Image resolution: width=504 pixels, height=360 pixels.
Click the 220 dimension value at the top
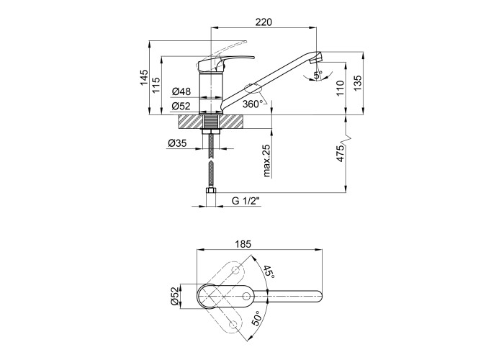pyautogui.click(x=264, y=22)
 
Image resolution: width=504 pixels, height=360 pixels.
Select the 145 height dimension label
pyautogui.click(x=144, y=78)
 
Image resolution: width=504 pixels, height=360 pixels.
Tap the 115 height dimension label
pyautogui.click(x=156, y=85)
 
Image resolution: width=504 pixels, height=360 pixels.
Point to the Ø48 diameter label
pyautogui.click(x=181, y=91)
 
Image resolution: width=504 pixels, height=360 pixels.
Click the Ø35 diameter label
pyautogui.click(x=177, y=143)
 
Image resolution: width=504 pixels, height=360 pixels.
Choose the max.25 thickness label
pyautogui.click(x=267, y=160)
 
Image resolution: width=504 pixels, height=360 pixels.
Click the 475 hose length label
pyautogui.click(x=341, y=153)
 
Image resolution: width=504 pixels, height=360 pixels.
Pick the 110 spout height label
pyautogui.click(x=341, y=89)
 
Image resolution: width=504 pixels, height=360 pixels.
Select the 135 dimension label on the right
pyautogui.click(x=358, y=83)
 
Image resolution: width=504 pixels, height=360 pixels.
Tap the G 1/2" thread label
pyautogui.click(x=246, y=201)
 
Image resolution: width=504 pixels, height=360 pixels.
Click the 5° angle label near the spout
pyautogui.click(x=318, y=76)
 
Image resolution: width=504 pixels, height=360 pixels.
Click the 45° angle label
pyautogui.click(x=269, y=272)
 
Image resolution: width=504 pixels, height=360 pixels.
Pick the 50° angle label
pyautogui.click(x=256, y=318)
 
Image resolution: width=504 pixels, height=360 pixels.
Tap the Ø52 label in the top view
pyautogui.click(x=174, y=296)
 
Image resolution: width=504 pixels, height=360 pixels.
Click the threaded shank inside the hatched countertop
pyautogui.click(x=211, y=122)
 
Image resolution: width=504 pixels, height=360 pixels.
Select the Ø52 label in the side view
pyautogui.click(x=181, y=106)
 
